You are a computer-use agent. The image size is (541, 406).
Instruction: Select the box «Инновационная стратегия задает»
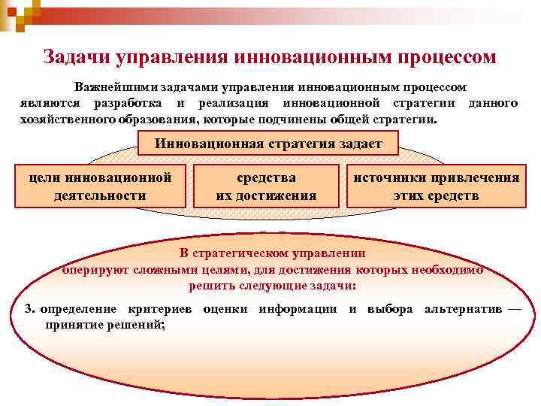269,144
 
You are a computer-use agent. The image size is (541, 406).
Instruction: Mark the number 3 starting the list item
28,310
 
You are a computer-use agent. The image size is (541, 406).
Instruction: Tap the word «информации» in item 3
298,310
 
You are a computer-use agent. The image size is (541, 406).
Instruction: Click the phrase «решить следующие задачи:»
273,286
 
